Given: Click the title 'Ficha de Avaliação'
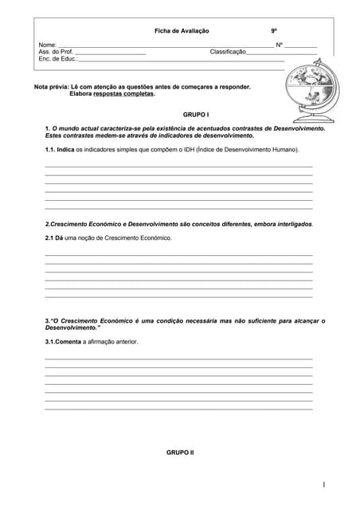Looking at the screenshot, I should [x=182, y=30].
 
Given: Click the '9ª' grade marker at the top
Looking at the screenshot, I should [x=274, y=30].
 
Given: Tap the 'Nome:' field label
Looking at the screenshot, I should [x=48, y=45].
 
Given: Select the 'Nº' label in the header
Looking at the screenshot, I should [x=279, y=45].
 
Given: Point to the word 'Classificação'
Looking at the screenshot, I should [x=228, y=52].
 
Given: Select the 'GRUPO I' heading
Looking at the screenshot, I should [x=195, y=114].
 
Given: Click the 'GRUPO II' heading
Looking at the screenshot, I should [x=180, y=452].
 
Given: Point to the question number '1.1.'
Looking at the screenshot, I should [x=52, y=149].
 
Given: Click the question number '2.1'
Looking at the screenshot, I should [x=50, y=237].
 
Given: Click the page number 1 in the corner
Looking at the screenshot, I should [x=324, y=484].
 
